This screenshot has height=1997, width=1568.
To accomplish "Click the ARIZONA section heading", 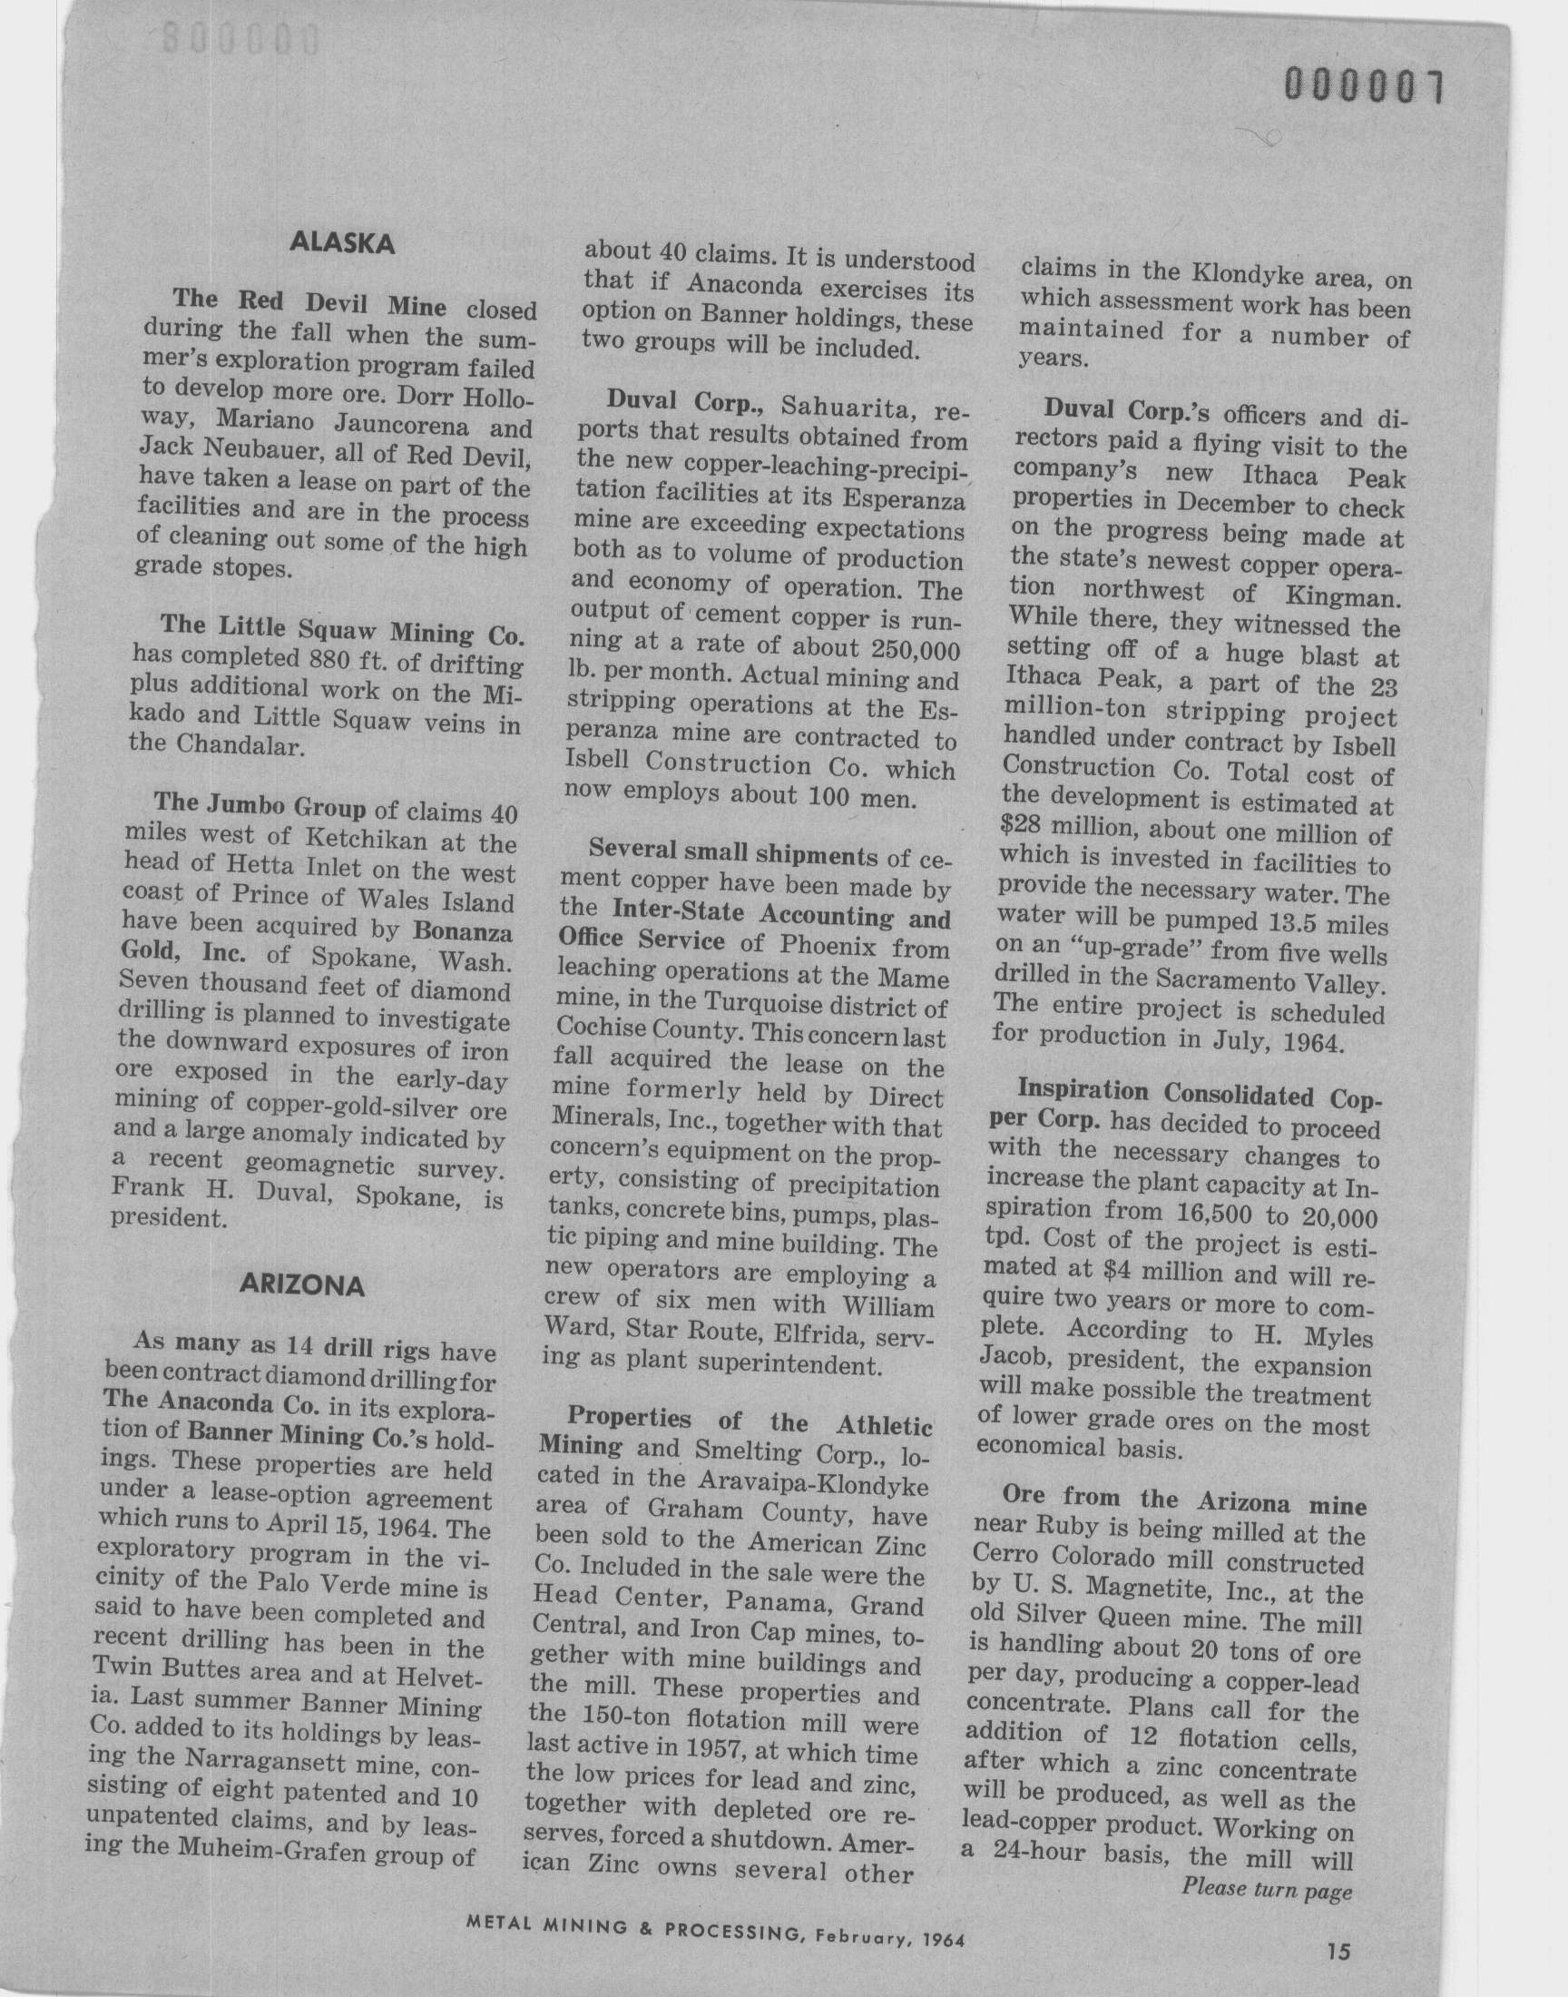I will click(x=301, y=1285).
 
